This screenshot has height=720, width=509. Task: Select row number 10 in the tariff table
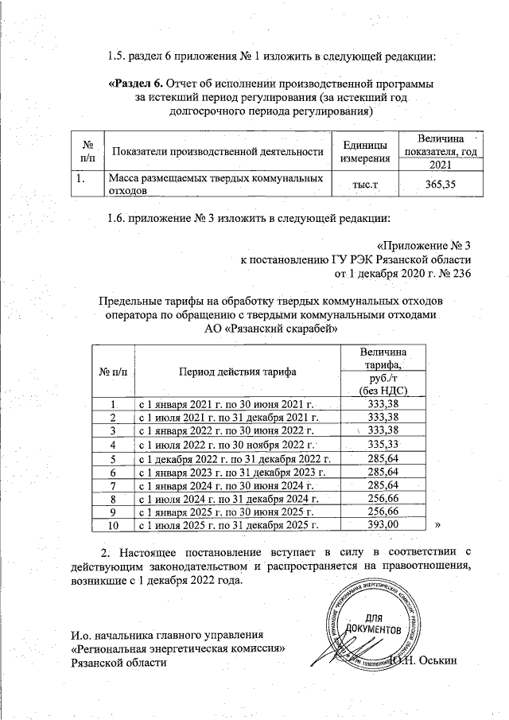pos(112,524)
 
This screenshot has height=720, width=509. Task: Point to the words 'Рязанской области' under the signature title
pos(119,664)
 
